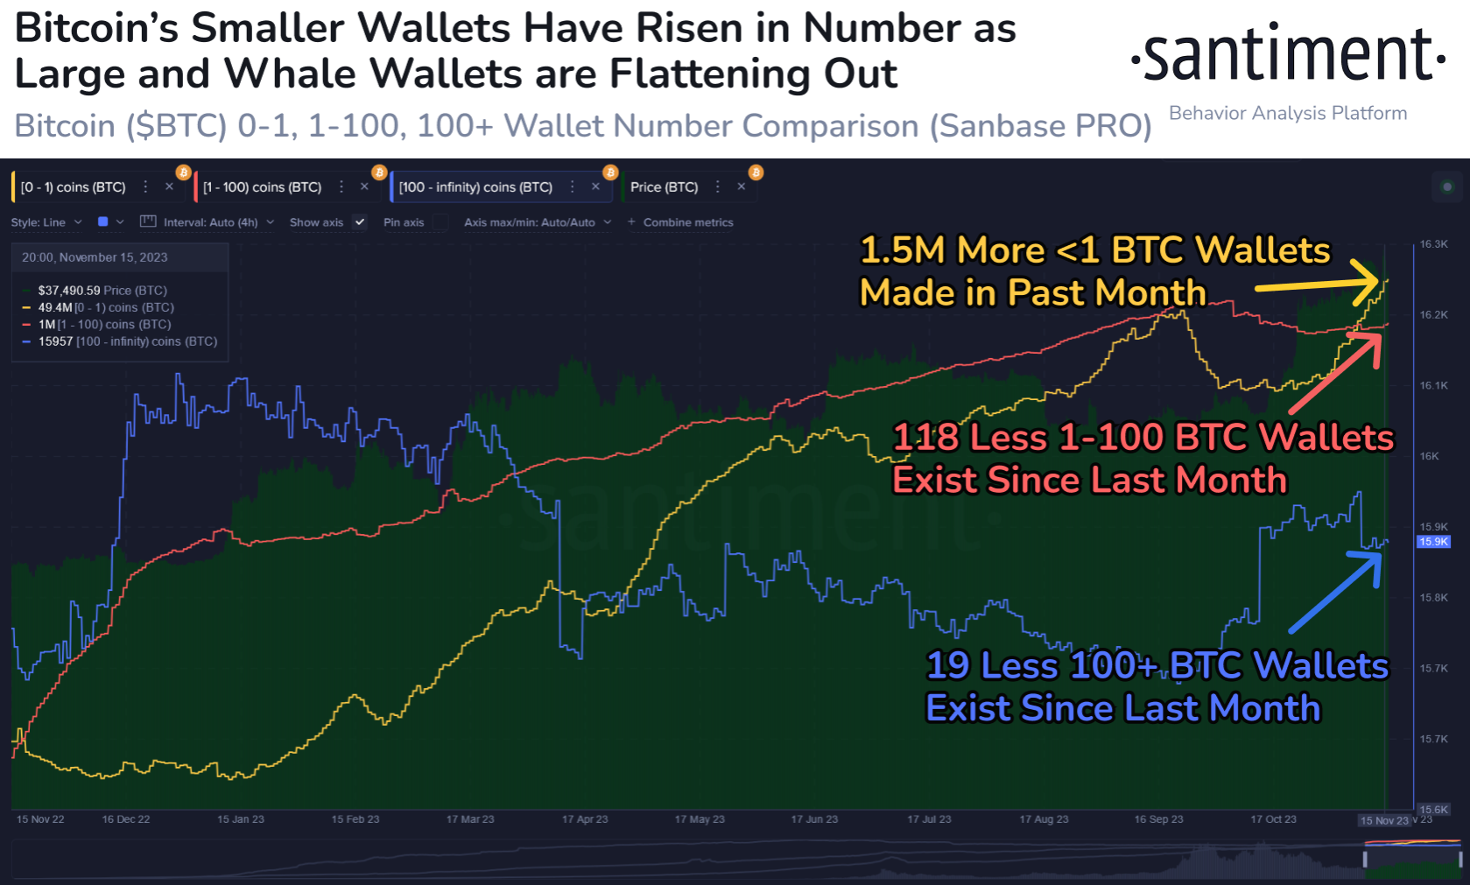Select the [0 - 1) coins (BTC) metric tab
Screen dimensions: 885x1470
tap(74, 187)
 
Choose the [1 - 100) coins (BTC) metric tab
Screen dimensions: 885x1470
tap(262, 187)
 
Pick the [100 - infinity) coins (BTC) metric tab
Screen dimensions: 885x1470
tap(475, 187)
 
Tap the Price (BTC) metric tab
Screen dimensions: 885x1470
tap(664, 187)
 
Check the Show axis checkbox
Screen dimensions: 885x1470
tap(359, 222)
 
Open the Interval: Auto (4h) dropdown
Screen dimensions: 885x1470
tap(210, 222)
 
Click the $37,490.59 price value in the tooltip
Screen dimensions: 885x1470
tap(69, 291)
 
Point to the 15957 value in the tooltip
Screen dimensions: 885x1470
tap(55, 341)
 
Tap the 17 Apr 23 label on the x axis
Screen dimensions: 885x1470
tap(585, 819)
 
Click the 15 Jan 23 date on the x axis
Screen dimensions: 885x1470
tap(241, 819)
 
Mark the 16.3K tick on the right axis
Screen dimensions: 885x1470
tap(1433, 244)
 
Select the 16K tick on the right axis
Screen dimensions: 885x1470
tap(1429, 456)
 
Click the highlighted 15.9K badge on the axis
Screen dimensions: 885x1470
tap(1433, 542)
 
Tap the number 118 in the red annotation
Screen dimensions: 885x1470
tap(925, 438)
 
